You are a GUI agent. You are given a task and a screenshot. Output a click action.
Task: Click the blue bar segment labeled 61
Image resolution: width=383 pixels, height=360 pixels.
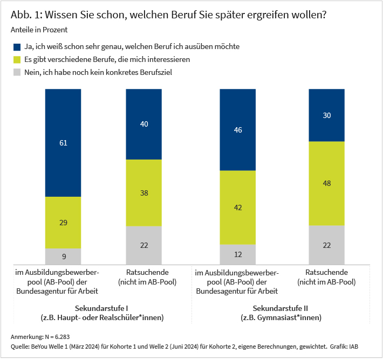[63, 143]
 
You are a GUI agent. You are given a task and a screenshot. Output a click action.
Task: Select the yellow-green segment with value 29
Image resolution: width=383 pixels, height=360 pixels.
[63, 223]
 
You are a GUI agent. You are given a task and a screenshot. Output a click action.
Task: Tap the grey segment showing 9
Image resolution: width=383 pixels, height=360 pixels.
[63, 257]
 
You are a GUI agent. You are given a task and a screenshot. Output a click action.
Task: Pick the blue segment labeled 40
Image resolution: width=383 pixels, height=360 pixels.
[144, 124]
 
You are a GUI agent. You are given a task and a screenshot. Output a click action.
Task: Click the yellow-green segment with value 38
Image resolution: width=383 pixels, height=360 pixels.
[144, 192]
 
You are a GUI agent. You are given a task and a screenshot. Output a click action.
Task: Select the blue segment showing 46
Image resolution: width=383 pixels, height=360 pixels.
[238, 130]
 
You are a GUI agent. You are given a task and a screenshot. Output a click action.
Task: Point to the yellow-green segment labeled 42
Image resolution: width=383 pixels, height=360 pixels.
[238, 207]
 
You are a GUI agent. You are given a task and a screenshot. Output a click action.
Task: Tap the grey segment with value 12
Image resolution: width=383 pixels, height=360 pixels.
[238, 254]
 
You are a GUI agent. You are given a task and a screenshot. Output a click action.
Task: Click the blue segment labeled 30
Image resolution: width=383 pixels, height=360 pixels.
[326, 115]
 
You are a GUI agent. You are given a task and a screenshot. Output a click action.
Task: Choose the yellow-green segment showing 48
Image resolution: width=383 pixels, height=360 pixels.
[326, 183]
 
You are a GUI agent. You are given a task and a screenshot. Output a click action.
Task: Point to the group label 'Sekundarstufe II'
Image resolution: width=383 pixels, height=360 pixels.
[281, 308]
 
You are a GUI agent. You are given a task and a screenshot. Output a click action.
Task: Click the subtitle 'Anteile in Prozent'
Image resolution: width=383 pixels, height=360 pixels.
[39, 30]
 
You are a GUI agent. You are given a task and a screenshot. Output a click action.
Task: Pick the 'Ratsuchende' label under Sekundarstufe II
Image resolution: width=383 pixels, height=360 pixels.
[326, 272]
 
